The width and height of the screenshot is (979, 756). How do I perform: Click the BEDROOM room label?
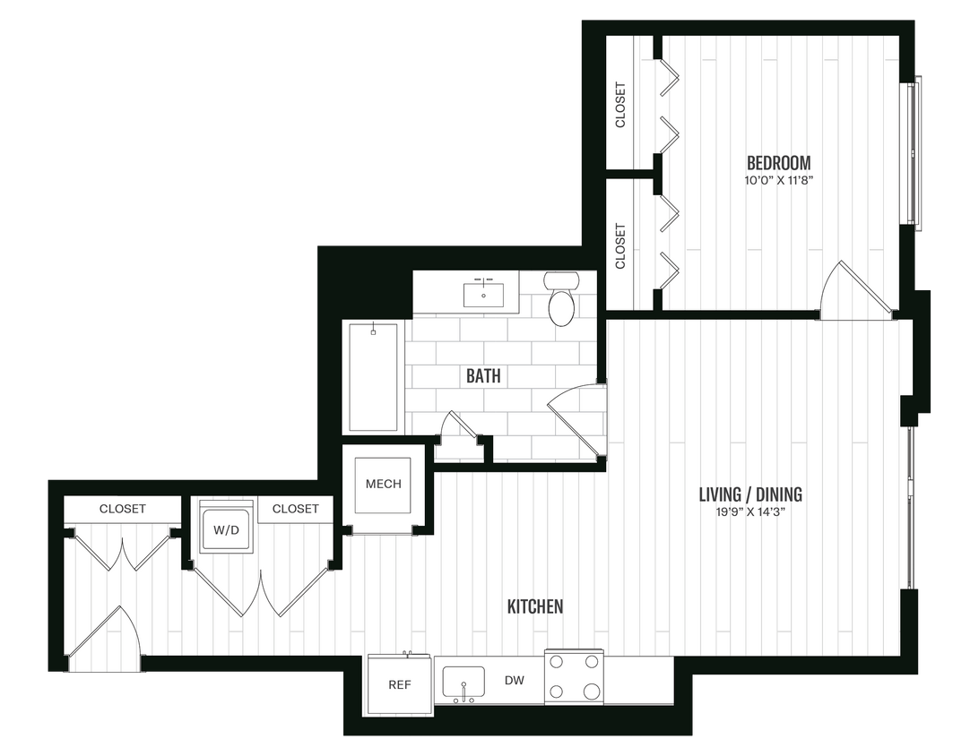click(778, 163)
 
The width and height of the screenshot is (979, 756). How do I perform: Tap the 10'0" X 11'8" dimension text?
click(778, 180)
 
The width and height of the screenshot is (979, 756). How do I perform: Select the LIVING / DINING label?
click(750, 494)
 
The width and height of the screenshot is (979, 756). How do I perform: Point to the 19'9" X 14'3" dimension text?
click(750, 512)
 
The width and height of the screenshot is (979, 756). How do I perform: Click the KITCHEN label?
click(535, 606)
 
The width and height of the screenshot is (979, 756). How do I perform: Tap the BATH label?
click(483, 376)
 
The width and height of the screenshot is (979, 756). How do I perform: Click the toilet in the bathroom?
click(562, 301)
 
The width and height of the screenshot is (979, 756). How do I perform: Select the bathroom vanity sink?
click(484, 293)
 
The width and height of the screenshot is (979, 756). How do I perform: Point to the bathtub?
click(372, 376)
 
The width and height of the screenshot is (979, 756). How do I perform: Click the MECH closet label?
click(383, 485)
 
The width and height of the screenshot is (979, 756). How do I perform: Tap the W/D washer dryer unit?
click(226, 529)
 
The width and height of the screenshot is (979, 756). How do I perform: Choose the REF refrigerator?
click(399, 684)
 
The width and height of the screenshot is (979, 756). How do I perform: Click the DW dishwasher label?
click(514, 681)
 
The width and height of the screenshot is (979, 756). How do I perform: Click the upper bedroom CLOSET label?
click(620, 105)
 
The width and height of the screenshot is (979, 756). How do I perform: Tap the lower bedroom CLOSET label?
click(620, 245)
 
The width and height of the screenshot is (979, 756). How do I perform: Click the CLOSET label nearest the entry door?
click(122, 509)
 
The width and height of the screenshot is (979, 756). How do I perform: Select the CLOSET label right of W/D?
click(295, 509)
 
